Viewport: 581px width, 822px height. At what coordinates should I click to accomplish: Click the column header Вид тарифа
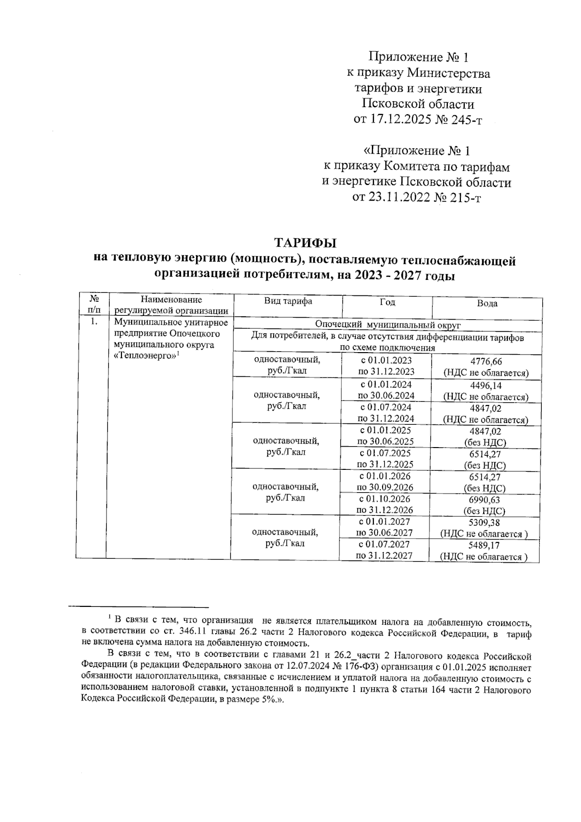click(288, 301)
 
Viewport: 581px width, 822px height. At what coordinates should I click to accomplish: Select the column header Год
click(387, 302)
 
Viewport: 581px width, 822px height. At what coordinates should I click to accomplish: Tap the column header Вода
click(487, 304)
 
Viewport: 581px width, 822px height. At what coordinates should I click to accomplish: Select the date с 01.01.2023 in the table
click(386, 361)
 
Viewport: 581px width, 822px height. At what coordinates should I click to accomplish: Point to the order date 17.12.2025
click(399, 120)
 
